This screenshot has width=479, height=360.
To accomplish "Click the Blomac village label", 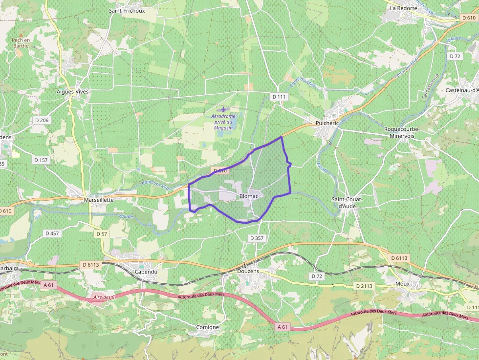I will pyautogui.click(x=249, y=196).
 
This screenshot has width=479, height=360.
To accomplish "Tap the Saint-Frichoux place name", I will pyautogui.click(x=127, y=10).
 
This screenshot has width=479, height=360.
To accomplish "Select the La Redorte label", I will pyautogui.click(x=403, y=8).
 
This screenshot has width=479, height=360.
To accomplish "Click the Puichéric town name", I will pyautogui.click(x=327, y=123).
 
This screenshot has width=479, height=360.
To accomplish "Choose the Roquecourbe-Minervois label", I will pyautogui.click(x=402, y=132).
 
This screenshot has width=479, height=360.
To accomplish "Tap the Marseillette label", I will pyautogui.click(x=99, y=200).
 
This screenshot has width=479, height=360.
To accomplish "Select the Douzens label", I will pyautogui.click(x=248, y=271).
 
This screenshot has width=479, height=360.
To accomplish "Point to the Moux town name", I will pyautogui.click(x=402, y=283).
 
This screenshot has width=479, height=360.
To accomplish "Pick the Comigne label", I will pyautogui.click(x=207, y=327).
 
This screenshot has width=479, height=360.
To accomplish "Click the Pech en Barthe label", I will pyautogui.click(x=21, y=43).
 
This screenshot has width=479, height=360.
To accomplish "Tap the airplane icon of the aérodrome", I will pyautogui.click(x=223, y=109).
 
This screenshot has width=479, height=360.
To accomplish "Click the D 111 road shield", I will pyautogui.click(x=279, y=97).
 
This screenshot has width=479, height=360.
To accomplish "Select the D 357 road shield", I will pyautogui.click(x=257, y=238).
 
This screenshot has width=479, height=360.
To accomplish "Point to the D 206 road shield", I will pyautogui.click(x=42, y=120).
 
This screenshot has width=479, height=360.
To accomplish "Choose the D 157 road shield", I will pyautogui.click(x=41, y=160).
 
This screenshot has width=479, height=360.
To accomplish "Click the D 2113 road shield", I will pyautogui.click(x=364, y=286).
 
